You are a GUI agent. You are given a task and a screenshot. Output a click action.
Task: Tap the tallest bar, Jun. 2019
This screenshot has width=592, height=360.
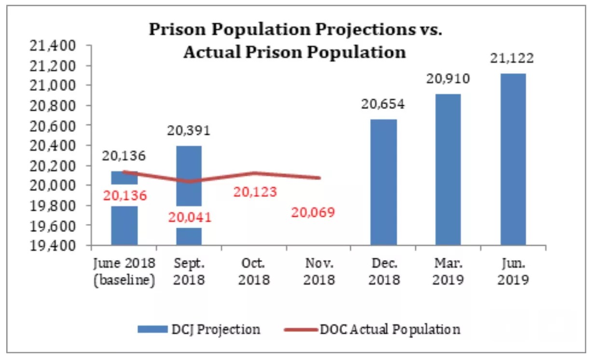(513, 159)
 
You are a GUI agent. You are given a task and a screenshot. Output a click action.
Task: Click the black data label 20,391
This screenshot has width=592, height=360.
(189, 131)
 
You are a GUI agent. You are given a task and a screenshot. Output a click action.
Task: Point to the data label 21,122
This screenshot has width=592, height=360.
(513, 59)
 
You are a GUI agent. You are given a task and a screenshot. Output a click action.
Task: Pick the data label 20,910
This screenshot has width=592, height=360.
(448, 79)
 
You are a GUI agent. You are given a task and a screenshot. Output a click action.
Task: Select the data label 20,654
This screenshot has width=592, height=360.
(384, 104)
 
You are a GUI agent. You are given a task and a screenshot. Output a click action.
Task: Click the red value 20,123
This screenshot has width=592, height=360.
(255, 192)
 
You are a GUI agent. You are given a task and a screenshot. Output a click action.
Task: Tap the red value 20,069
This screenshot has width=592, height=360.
(313, 212)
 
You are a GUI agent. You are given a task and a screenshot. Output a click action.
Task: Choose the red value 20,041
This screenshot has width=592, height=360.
(190, 217)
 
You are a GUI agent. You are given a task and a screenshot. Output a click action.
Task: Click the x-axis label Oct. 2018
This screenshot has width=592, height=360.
(254, 272)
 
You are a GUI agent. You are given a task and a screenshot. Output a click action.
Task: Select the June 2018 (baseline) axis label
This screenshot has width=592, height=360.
(124, 272)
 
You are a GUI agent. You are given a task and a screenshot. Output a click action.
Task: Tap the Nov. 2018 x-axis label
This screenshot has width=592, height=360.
(318, 272)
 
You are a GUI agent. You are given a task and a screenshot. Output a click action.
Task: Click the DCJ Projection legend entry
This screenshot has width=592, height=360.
(199, 330)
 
